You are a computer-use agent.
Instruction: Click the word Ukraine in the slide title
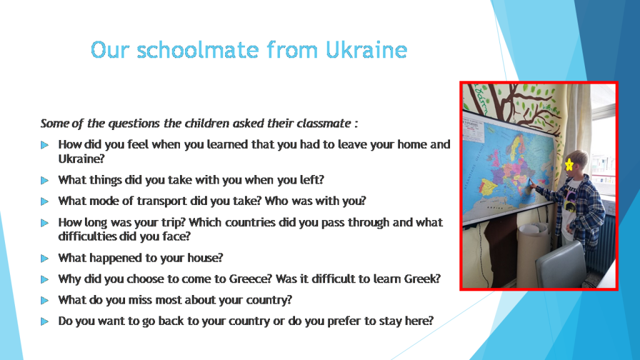(366, 50)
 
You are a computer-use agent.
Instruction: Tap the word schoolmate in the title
(198, 50)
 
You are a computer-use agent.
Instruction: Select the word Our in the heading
(110, 50)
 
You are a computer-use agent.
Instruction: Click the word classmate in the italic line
(324, 123)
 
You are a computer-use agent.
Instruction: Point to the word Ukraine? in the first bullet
(82, 159)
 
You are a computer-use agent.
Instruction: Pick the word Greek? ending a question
(422, 279)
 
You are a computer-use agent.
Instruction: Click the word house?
(205, 258)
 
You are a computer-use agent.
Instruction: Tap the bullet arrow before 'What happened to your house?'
(44, 258)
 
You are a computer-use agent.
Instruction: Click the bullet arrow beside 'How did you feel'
(44, 145)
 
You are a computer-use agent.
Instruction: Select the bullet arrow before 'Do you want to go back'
(44, 322)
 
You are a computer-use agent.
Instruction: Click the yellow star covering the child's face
(569, 164)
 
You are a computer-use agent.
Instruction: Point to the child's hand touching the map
(532, 184)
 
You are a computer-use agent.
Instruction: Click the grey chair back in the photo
(561, 264)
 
